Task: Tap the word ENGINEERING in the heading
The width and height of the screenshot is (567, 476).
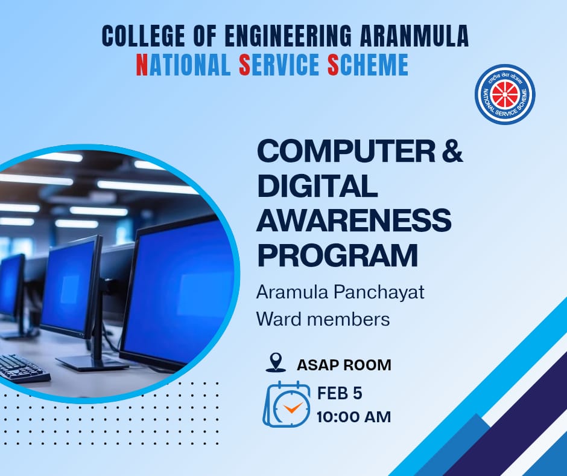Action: coord(288,36)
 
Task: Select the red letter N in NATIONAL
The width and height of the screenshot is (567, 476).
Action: coord(142,65)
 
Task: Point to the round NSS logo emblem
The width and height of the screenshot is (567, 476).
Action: coord(505,95)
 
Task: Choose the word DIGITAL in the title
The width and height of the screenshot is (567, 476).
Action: coord(317,186)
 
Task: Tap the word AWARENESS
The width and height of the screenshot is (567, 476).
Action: coord(354,220)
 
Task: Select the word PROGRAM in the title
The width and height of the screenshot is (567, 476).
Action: coord(337,255)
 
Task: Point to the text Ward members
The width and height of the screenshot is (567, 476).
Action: coord(323,320)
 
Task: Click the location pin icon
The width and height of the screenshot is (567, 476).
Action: coord(276,362)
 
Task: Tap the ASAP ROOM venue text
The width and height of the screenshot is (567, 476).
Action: coord(344,365)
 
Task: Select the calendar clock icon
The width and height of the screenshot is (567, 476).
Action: coord(286,404)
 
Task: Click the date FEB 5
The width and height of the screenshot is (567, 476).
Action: coord(340,393)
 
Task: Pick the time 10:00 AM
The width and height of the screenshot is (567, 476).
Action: coord(354,417)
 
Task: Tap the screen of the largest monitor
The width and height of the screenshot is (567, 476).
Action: coord(179,290)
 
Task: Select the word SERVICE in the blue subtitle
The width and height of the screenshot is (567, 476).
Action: coord(279,65)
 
